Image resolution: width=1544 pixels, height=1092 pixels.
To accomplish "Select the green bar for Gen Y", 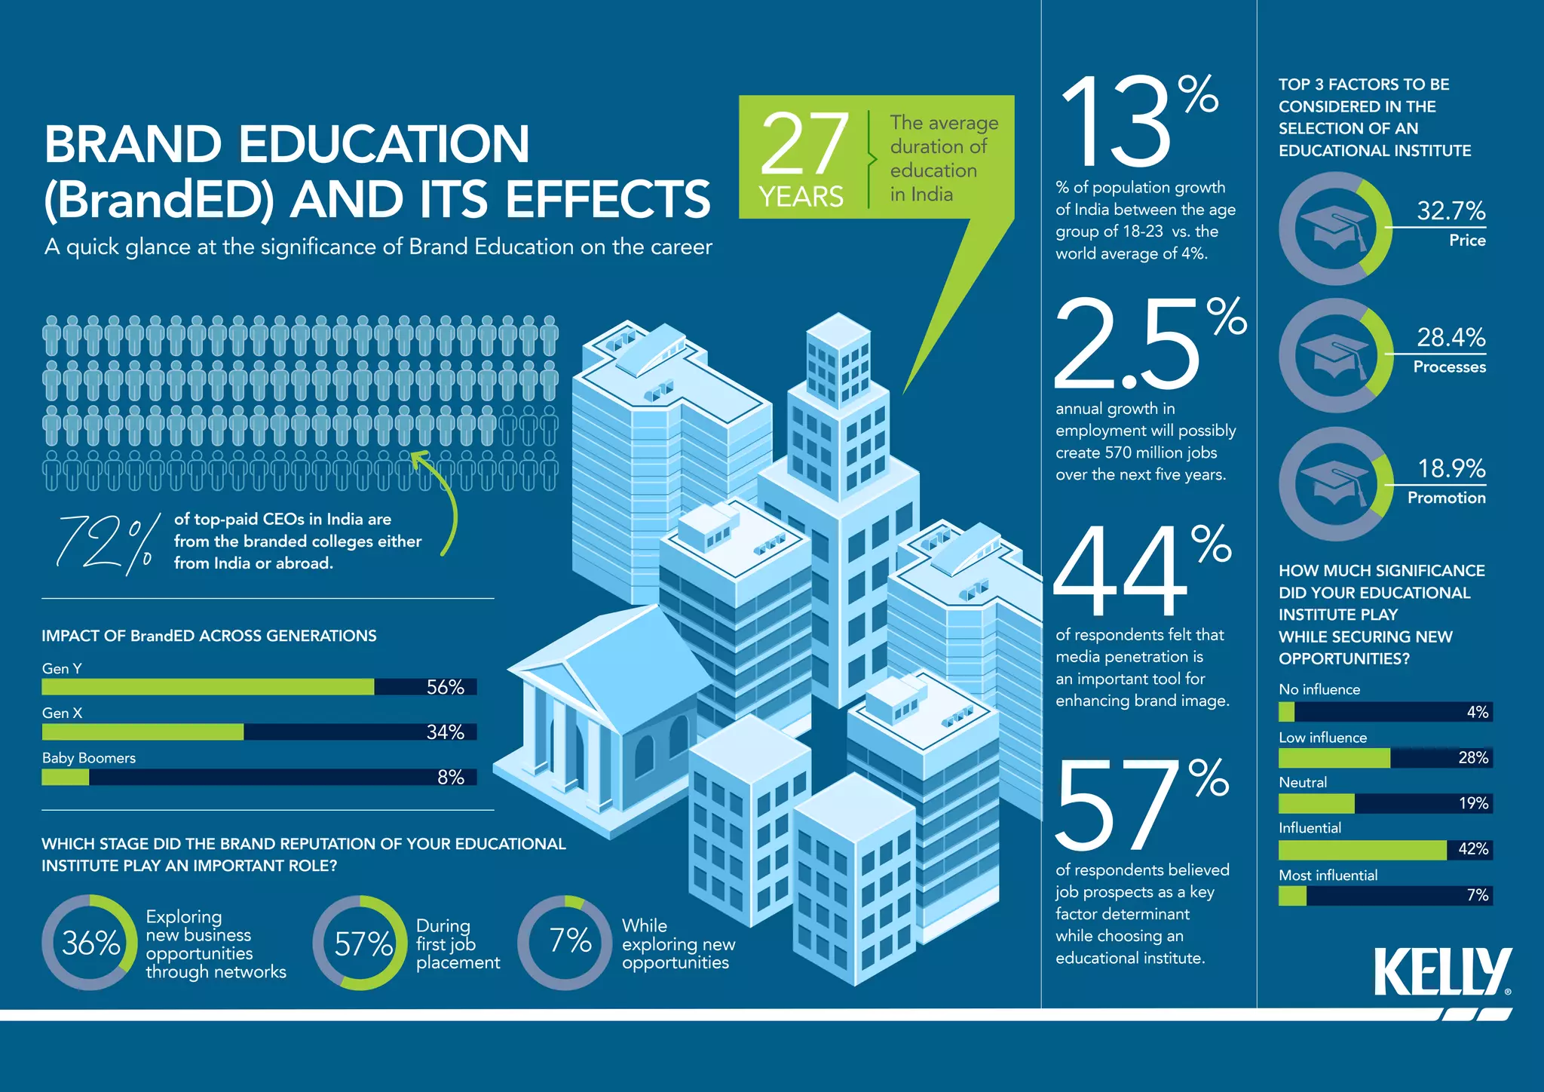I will (x=208, y=686).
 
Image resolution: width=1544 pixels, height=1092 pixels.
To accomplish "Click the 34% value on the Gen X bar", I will (x=445, y=732).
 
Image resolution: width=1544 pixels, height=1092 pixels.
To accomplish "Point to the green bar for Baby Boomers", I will (x=66, y=777).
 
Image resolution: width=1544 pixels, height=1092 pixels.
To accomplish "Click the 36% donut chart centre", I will (x=90, y=943).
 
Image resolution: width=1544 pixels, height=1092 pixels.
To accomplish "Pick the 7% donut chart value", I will (x=570, y=941).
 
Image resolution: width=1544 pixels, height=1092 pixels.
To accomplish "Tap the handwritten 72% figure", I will (x=106, y=543).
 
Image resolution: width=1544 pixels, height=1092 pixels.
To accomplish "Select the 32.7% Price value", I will (x=1451, y=210).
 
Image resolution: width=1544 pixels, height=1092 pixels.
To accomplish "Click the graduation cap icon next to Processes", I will (x=1334, y=354).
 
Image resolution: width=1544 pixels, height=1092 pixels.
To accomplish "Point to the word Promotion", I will (x=1446, y=498).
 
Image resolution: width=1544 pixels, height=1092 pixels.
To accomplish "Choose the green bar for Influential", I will (x=1362, y=850).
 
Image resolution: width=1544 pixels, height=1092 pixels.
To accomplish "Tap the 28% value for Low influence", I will (x=1472, y=758).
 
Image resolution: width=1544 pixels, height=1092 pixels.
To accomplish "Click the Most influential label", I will (x=1328, y=876).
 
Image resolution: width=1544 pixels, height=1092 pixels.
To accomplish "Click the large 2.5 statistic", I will (x=1126, y=345).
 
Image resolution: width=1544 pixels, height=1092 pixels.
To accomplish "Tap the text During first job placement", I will (x=458, y=943).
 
